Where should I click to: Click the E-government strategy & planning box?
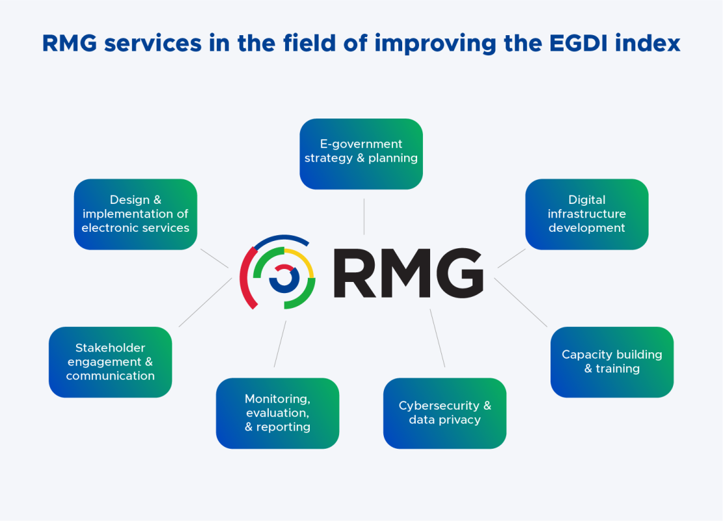pyautogui.click(x=361, y=154)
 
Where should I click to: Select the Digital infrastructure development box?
pyautogui.click(x=586, y=214)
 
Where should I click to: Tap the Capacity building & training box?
pyautogui.click(x=612, y=362)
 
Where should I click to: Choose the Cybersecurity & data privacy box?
pyautogui.click(x=444, y=414)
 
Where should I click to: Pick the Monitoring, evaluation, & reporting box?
pyautogui.click(x=277, y=414)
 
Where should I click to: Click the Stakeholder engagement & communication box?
pyautogui.click(x=110, y=362)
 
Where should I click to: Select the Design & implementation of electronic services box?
pyautogui.click(x=135, y=214)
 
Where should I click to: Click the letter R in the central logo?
pyautogui.click(x=357, y=272)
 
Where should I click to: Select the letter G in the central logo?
pyautogui.click(x=459, y=272)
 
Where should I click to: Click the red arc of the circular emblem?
pyautogui.click(x=245, y=280)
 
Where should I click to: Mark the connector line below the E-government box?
pyautogui.click(x=364, y=216)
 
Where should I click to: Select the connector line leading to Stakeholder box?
pyautogui.click(x=205, y=302)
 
